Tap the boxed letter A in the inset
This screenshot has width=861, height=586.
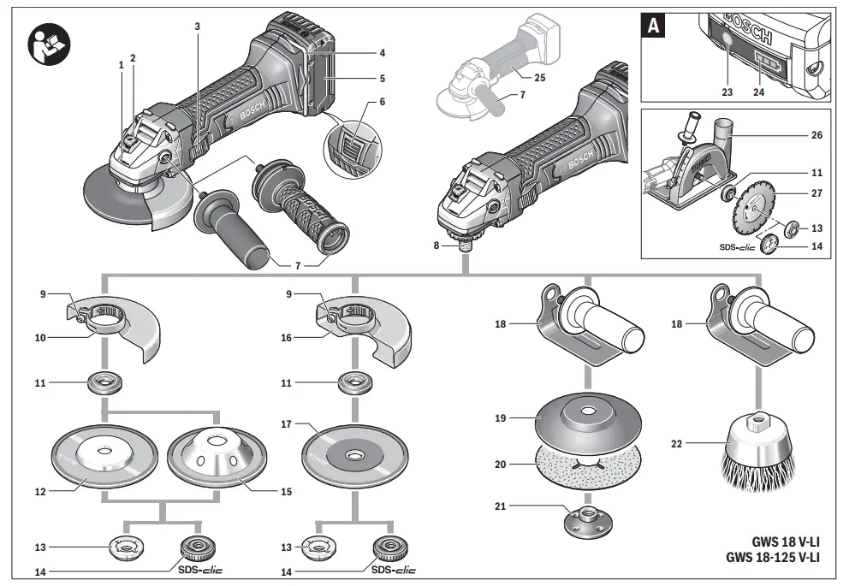(x=654, y=27)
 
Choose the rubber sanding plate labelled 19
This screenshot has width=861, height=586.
(x=586, y=418)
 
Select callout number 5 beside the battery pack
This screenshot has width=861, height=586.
(x=382, y=79)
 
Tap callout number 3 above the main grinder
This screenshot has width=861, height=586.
(x=198, y=27)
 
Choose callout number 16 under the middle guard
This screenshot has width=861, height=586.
(x=286, y=338)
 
